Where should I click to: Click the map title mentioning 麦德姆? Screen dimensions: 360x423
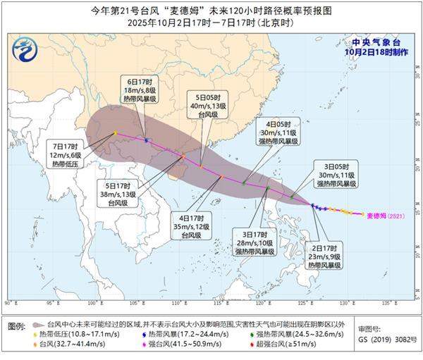coord(211,12)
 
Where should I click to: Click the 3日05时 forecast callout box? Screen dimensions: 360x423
coord(336,174)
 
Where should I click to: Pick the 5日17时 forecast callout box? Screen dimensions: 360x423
coord(118,193)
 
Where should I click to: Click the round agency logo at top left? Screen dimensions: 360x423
coord(23,50)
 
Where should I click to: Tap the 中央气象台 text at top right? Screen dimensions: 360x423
coord(376,42)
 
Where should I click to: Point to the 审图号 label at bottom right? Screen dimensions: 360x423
coord(371,328)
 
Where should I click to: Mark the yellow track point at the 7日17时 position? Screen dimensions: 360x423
coord(115,132)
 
